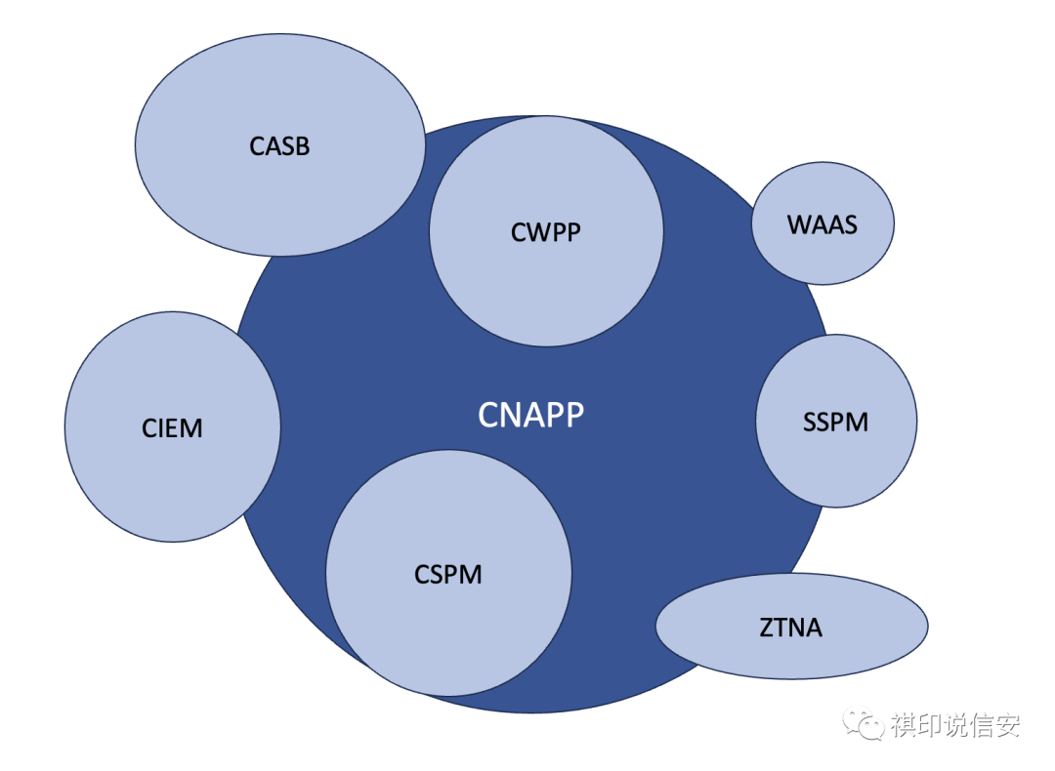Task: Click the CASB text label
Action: point(279,147)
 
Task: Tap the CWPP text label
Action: point(545,232)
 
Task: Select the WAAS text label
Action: point(822,225)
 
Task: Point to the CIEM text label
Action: point(172,428)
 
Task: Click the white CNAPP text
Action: point(530,416)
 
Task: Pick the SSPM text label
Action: point(835,423)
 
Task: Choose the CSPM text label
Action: point(448,575)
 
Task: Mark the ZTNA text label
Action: point(791,628)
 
